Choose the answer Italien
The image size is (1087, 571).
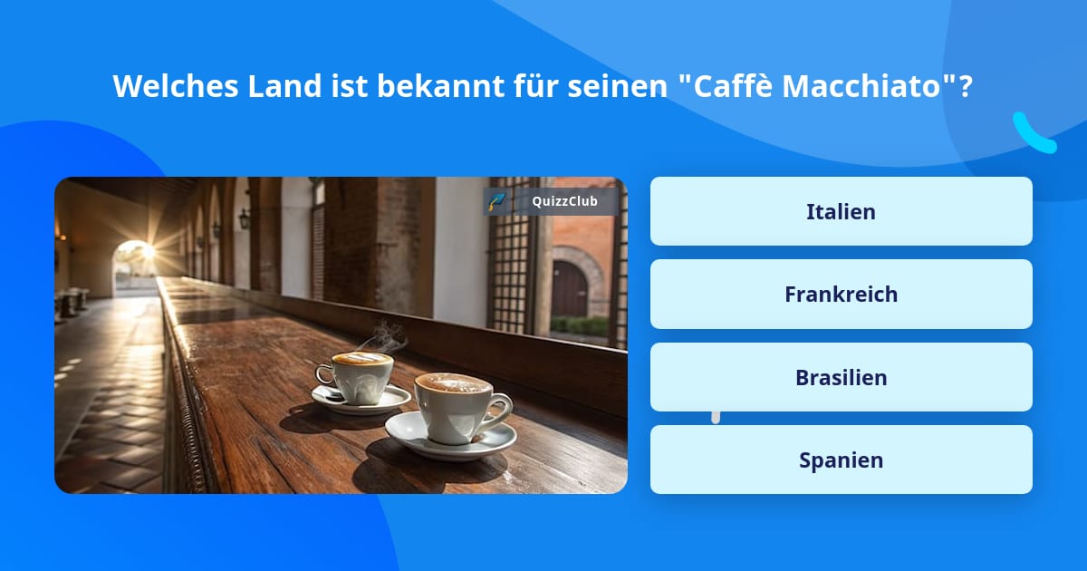tap(841, 211)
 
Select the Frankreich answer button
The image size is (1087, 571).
tap(841, 294)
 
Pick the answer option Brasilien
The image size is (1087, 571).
tap(841, 377)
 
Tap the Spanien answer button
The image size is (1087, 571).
tap(841, 460)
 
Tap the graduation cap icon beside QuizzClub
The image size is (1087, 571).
tap(497, 201)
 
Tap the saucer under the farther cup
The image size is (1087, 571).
tap(361, 401)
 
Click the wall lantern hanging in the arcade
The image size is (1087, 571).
tap(244, 218)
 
